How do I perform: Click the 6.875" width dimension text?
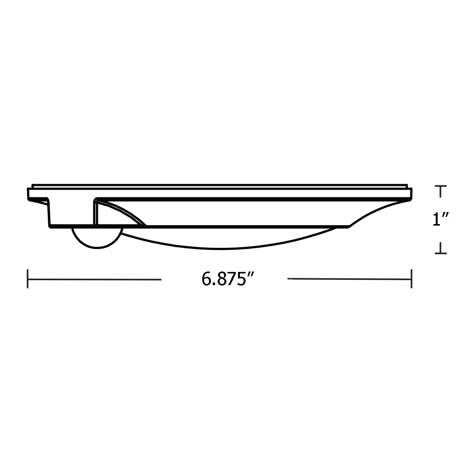click(228, 279)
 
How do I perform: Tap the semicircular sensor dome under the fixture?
click(97, 238)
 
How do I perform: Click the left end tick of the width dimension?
click(27, 279)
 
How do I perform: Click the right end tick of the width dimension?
click(411, 279)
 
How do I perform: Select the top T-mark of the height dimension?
click(441, 191)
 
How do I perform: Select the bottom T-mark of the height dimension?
click(441, 248)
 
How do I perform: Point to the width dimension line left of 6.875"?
click(95, 279)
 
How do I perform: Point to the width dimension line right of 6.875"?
click(349, 279)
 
